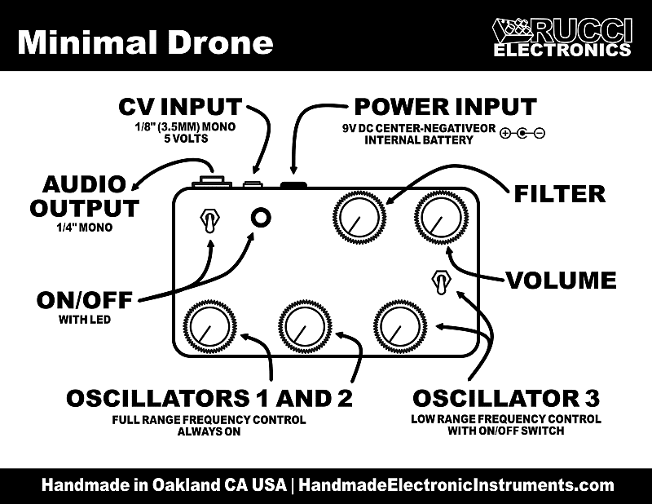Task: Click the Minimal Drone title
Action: (x=145, y=42)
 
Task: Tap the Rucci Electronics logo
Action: (x=562, y=37)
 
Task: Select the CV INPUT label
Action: (x=180, y=107)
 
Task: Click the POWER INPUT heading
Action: (x=445, y=107)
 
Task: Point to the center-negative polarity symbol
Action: (x=522, y=133)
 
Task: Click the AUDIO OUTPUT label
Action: (x=85, y=196)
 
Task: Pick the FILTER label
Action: (x=560, y=194)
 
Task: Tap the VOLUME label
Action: (x=561, y=280)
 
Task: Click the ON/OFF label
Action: (x=85, y=300)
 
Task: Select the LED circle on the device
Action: (x=261, y=217)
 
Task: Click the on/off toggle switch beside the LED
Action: (x=209, y=220)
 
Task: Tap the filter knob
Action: (x=359, y=217)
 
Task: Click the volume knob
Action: (x=442, y=217)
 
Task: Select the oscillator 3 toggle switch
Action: (x=440, y=282)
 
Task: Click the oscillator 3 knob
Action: (x=401, y=325)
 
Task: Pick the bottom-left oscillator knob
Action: (x=209, y=325)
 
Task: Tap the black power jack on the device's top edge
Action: (x=293, y=185)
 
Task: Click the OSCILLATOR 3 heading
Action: (x=506, y=398)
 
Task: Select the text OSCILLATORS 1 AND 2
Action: (x=209, y=398)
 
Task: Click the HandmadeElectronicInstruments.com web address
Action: (x=456, y=485)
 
